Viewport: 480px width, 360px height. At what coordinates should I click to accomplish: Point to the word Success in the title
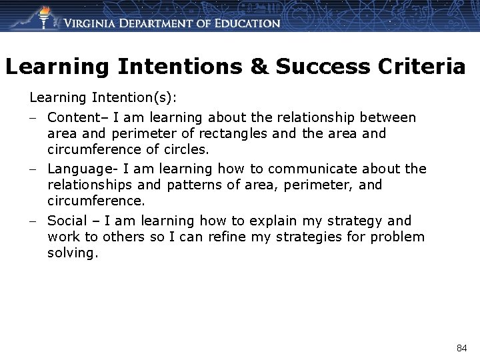pyautogui.click(x=320, y=67)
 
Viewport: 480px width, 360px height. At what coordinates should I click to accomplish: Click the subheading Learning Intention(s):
pyautogui.click(x=103, y=98)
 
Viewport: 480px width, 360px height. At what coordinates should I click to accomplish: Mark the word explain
pyautogui.click(x=273, y=221)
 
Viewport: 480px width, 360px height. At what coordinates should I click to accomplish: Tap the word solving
pyautogui.click(x=73, y=253)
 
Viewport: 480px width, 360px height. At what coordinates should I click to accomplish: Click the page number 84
pyautogui.click(x=462, y=348)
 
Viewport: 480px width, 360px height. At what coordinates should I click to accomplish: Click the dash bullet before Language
pyautogui.click(x=33, y=169)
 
